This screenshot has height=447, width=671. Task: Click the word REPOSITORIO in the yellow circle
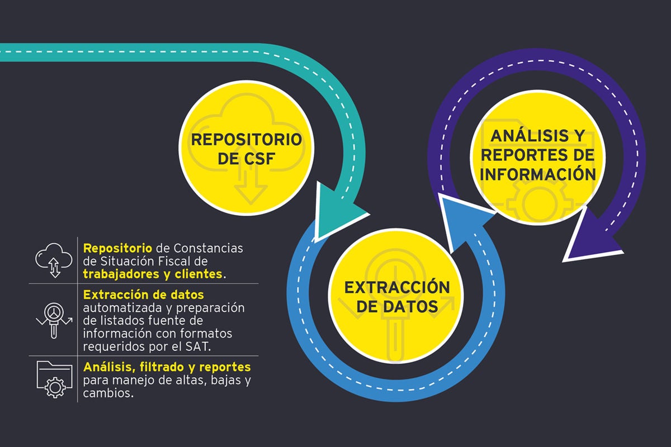(x=246, y=139)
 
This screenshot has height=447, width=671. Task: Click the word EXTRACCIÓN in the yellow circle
(x=397, y=287)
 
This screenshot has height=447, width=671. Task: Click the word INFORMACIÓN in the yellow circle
(x=537, y=174)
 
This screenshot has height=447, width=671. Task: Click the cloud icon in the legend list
(x=54, y=260)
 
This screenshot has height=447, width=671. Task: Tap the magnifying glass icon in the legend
(x=54, y=319)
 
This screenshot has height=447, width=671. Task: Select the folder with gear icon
(x=54, y=379)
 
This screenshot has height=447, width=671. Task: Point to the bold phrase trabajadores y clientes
(x=153, y=274)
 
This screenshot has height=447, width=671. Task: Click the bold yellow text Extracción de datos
(x=143, y=294)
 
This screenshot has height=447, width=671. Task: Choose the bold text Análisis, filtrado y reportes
(x=167, y=367)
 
